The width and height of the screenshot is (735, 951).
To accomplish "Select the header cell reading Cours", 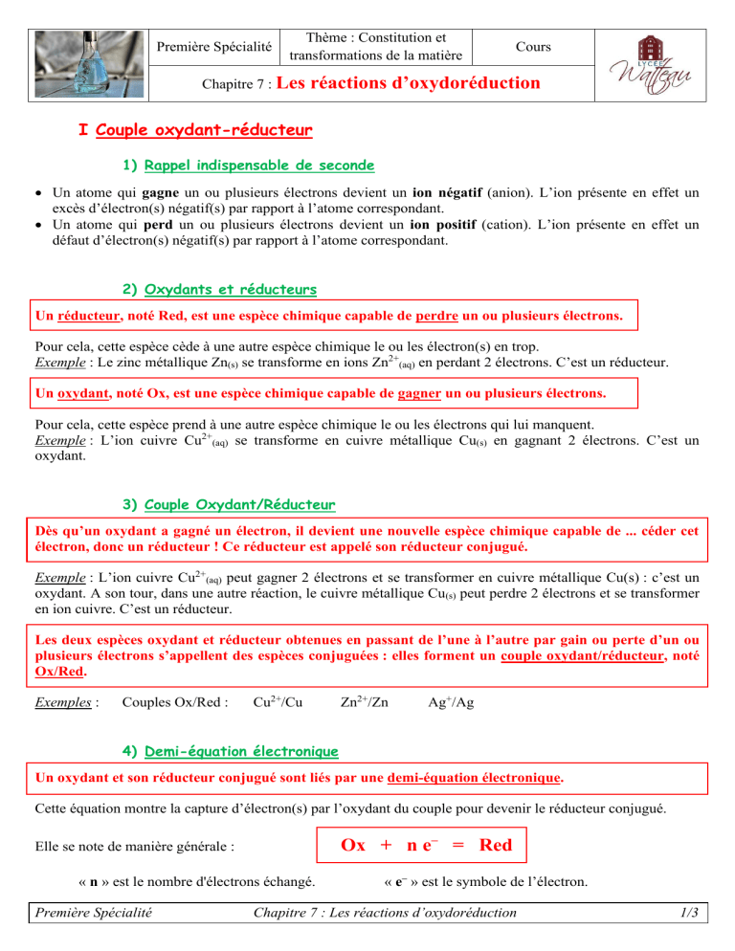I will (532, 46).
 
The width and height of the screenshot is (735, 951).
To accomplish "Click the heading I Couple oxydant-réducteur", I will (194, 128).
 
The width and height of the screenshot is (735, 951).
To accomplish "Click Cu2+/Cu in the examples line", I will (278, 701).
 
